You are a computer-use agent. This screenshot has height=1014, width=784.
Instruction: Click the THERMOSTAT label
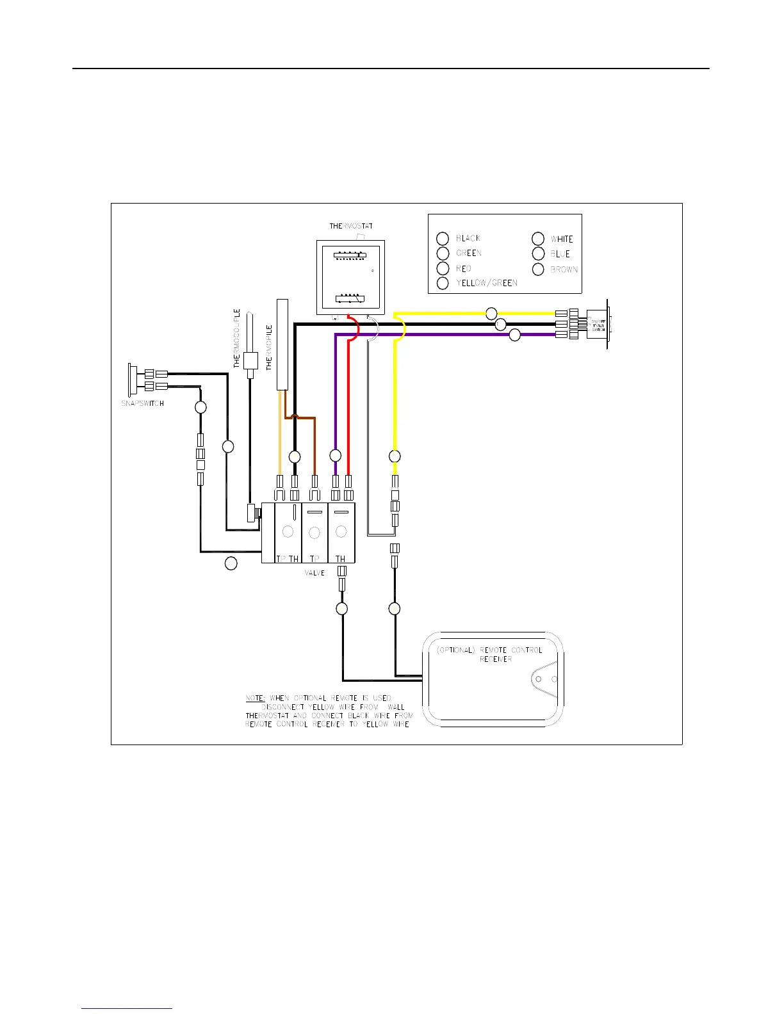coord(351,226)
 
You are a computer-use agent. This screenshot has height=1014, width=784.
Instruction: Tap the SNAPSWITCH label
coord(143,403)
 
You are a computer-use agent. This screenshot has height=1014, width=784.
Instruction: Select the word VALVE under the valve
coord(314,573)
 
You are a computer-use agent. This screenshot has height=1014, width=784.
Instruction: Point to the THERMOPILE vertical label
coord(270,348)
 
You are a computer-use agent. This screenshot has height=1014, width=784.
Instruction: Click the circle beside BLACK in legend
coord(443,238)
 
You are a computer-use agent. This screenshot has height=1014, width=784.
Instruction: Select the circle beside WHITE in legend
coord(538,239)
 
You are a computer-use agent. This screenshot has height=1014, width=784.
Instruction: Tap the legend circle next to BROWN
coord(538,270)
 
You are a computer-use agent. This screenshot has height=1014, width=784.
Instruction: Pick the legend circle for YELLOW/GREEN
coord(443,283)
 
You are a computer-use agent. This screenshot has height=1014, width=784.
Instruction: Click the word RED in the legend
coord(464,269)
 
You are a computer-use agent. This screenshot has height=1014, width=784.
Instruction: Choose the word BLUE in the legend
coord(560,254)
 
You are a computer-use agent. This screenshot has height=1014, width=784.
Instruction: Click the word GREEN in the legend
coord(469,253)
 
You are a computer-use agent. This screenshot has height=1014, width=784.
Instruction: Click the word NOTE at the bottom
coord(254,698)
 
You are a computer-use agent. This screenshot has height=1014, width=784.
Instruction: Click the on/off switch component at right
coord(597,324)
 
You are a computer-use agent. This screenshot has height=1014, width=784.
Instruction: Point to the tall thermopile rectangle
coord(281,344)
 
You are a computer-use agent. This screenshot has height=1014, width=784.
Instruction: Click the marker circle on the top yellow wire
coord(491,313)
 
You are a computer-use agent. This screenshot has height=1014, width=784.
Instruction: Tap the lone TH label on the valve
coord(340,559)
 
